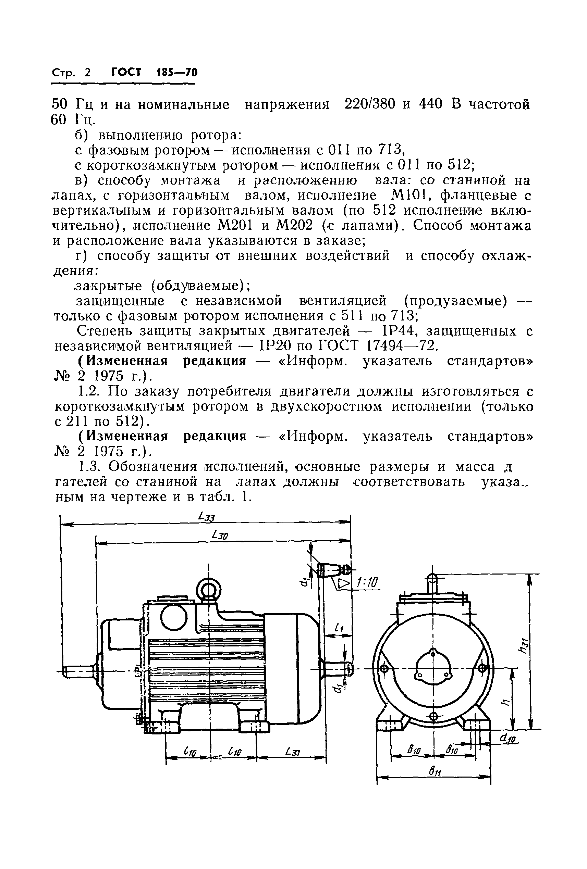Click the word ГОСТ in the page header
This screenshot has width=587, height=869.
click(126, 72)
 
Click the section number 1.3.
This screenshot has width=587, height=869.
click(89, 467)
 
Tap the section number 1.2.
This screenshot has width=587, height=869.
click(89, 391)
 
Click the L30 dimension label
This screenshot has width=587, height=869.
click(220, 536)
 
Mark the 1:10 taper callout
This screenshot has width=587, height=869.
click(367, 582)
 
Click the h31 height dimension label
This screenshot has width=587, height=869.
click(523, 645)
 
